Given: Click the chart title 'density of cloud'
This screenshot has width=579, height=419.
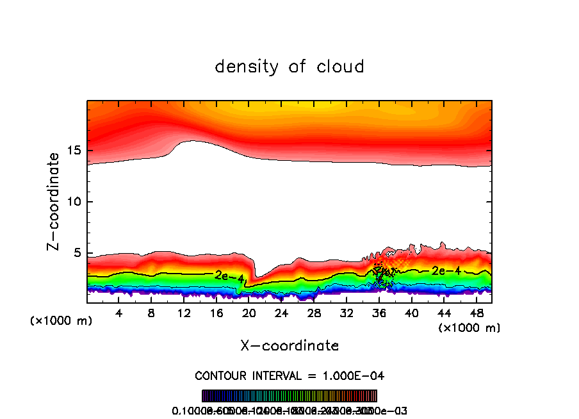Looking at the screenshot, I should coord(289,66).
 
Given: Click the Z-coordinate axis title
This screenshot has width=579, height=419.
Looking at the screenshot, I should coord(54,201).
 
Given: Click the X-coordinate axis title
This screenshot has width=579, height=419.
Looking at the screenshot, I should coord(289,346).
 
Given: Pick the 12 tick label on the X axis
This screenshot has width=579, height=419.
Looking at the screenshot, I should coord(184,313).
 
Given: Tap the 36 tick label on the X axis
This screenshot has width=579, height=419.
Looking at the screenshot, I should coord(379,313).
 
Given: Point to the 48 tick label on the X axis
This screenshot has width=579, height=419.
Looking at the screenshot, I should coord(476,313).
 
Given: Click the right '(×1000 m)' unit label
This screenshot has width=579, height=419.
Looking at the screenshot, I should coord(469,328).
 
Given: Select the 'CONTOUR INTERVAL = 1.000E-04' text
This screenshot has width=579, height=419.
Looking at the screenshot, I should coord(289,375).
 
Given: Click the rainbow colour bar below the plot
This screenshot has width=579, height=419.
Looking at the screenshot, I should coord(289,396).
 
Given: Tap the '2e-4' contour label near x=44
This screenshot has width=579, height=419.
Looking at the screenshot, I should coord(446,270).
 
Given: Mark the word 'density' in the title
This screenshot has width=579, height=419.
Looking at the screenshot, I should coord(247,66).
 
